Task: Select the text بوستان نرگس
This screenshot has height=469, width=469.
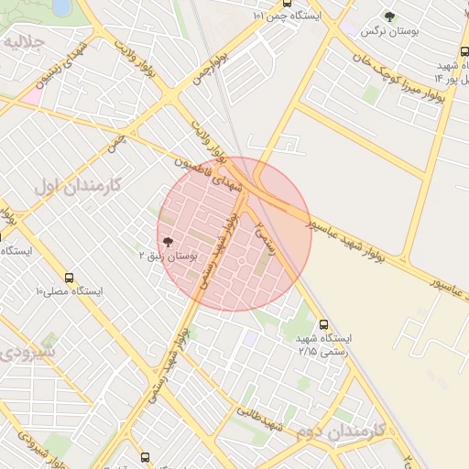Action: pyautogui.click(x=389, y=31)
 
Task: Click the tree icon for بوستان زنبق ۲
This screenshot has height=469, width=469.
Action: pyautogui.click(x=167, y=241)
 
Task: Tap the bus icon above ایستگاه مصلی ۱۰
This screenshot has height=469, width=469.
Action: pyautogui.click(x=70, y=277)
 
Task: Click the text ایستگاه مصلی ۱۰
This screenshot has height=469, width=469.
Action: pyautogui.click(x=70, y=291)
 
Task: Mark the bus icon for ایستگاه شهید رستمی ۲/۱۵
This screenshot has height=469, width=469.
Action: pyautogui.click(x=323, y=324)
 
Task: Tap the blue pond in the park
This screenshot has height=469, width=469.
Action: pyautogui.click(x=62, y=7)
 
